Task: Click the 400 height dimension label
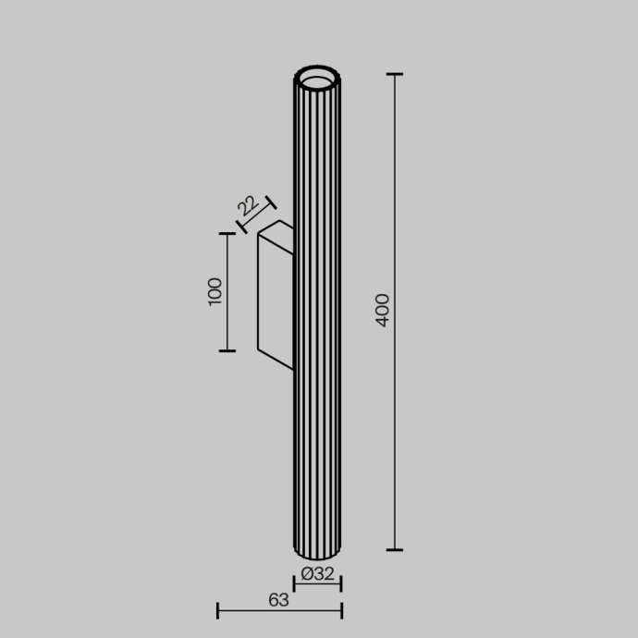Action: pos(384,310)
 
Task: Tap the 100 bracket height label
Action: pos(215,291)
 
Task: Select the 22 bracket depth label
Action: pos(247,204)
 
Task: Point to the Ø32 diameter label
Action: pos(317,573)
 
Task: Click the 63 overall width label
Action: pos(278,599)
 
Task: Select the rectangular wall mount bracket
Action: pos(275,293)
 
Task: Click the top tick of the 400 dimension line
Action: pos(395,74)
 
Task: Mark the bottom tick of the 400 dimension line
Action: pos(395,550)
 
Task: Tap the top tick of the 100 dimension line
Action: pos(227,234)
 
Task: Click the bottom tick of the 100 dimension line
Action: pos(227,350)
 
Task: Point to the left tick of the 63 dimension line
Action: pos(217,610)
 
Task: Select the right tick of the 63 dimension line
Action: pos(341,610)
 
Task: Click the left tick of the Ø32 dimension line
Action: pos(294,583)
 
